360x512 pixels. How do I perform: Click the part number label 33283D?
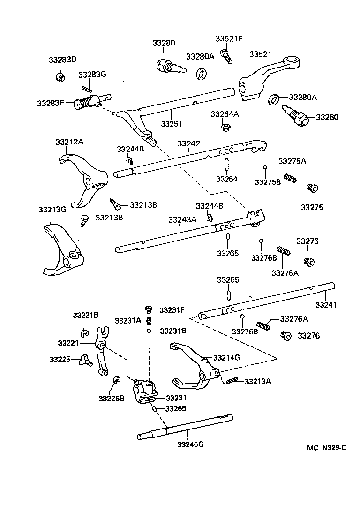tap(62, 60)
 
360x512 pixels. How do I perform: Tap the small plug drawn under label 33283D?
tap(60, 76)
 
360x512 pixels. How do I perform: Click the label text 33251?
tap(172, 124)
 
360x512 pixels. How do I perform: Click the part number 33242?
tap(189, 143)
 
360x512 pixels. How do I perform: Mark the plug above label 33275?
tap(311, 188)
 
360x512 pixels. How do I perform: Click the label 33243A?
tap(182, 219)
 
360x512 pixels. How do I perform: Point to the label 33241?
tap(326, 305)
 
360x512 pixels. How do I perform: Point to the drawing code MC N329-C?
tap(327, 448)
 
